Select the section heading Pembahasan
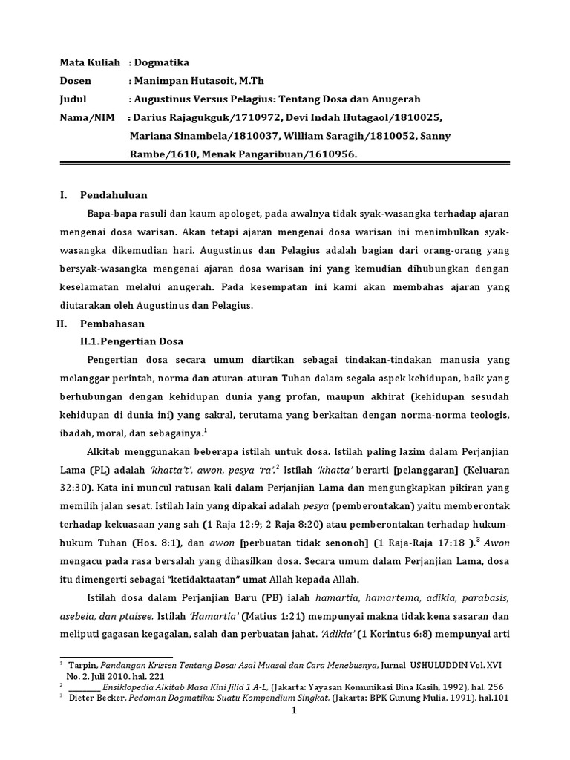[x=113, y=324]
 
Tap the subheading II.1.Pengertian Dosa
[x=131, y=341]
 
